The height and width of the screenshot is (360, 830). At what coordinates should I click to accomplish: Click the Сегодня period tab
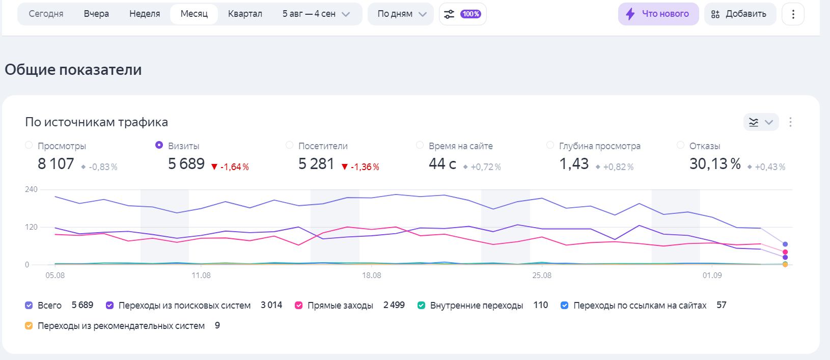pyautogui.click(x=46, y=14)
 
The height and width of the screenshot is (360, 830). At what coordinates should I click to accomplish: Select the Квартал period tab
pyautogui.click(x=245, y=14)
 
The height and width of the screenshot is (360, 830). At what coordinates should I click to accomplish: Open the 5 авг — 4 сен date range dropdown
pyautogui.click(x=316, y=14)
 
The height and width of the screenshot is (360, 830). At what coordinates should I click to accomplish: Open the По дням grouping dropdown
pyautogui.click(x=401, y=14)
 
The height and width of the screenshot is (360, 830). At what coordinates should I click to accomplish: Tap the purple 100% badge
pyautogui.click(x=471, y=14)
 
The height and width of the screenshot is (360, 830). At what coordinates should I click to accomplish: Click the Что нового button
pyautogui.click(x=658, y=14)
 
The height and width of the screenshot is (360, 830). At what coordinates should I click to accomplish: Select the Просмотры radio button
pyautogui.click(x=29, y=145)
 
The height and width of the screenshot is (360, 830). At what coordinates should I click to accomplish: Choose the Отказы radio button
pyautogui.click(x=680, y=145)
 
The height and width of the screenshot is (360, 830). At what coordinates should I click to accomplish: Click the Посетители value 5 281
pyautogui.click(x=316, y=164)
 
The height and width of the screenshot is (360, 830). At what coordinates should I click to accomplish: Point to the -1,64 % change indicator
pyautogui.click(x=230, y=167)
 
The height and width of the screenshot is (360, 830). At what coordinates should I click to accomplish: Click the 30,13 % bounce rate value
pyautogui.click(x=715, y=164)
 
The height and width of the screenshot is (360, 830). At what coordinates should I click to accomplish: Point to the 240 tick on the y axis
pyautogui.click(x=31, y=189)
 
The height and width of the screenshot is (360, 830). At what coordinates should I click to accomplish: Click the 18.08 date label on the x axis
pyautogui.click(x=371, y=275)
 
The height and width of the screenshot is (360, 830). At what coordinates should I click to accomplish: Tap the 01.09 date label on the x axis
pyautogui.click(x=712, y=275)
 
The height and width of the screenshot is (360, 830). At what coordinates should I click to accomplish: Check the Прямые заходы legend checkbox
pyautogui.click(x=299, y=306)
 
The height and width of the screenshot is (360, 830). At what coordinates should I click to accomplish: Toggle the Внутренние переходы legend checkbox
pyautogui.click(x=421, y=306)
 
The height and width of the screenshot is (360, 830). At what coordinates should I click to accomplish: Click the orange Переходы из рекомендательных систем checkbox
pyautogui.click(x=29, y=326)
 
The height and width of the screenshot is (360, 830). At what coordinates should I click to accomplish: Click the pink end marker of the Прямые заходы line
pyautogui.click(x=785, y=252)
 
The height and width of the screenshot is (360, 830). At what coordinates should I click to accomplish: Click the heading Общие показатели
pyautogui.click(x=73, y=70)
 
